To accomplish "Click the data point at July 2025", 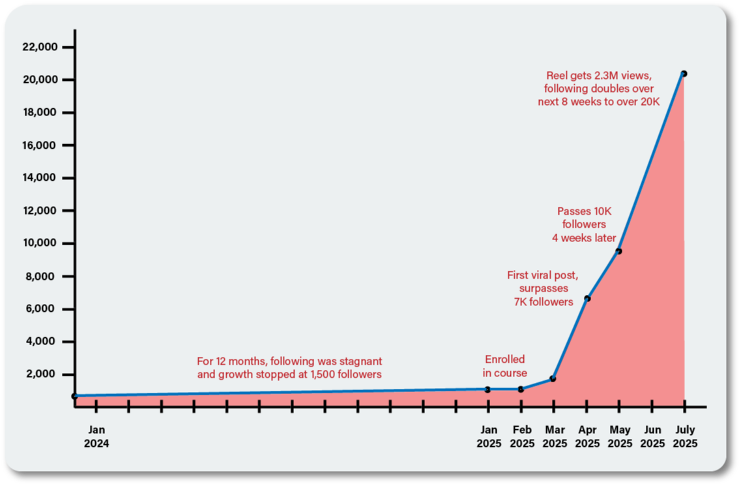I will click(x=684, y=74).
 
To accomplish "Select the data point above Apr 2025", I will click(x=587, y=299).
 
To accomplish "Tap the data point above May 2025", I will click(x=618, y=251).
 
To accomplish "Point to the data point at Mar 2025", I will click(x=553, y=378).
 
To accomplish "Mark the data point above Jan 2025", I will click(x=487, y=389).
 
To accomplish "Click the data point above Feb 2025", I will click(x=521, y=389).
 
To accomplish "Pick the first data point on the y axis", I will click(x=75, y=396).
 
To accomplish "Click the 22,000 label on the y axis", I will click(x=40, y=47).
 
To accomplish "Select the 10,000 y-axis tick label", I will click(x=40, y=243).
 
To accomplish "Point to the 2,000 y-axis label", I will click(x=43, y=374).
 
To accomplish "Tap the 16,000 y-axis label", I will click(x=40, y=145).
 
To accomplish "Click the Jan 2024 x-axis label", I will click(x=96, y=436).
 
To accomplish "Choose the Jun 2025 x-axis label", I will click(x=652, y=436).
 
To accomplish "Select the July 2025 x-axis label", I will click(x=684, y=436).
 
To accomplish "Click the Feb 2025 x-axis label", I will click(x=521, y=436).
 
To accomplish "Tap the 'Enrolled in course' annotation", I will click(x=504, y=366).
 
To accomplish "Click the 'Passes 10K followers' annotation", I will click(x=584, y=224).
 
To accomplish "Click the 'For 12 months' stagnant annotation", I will click(x=289, y=367).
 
